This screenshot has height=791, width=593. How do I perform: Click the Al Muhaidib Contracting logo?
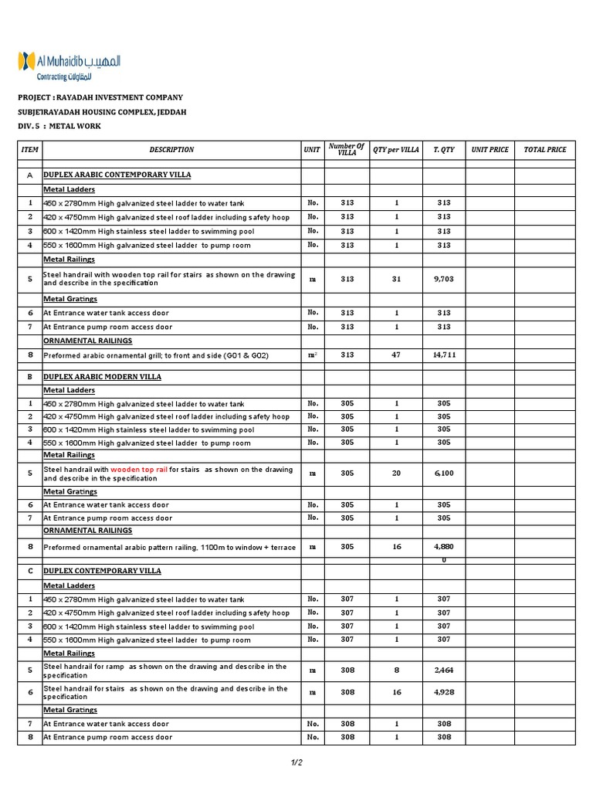click(69, 66)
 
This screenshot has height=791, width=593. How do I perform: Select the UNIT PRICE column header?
click(490, 149)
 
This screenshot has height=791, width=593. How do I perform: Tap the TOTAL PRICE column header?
click(545, 149)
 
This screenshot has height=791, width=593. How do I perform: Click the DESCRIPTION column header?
click(171, 149)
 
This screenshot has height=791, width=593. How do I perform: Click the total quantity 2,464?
click(444, 670)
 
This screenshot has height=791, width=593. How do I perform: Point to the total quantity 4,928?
click(444, 692)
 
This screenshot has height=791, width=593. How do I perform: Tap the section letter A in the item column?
click(29, 175)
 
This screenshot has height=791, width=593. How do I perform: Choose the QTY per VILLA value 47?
click(396, 355)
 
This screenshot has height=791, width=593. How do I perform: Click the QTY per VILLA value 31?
click(396, 279)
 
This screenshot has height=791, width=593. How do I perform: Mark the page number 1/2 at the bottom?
click(296, 763)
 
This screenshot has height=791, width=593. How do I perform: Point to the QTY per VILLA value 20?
click(396, 474)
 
